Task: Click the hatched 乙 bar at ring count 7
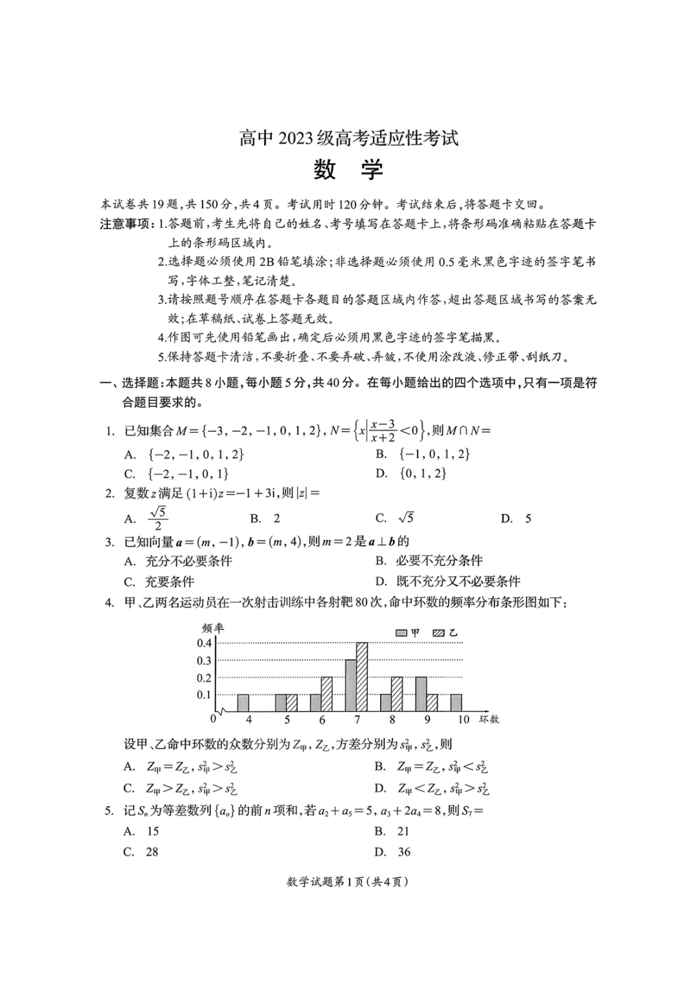pyautogui.click(x=362, y=677)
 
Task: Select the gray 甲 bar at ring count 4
pyautogui.click(x=243, y=702)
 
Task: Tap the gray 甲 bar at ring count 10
pyautogui.click(x=456, y=702)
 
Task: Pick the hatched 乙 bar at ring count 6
pyautogui.click(x=327, y=694)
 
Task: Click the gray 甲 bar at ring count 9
pyautogui.click(x=421, y=694)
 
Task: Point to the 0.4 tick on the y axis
pyautogui.click(x=205, y=643)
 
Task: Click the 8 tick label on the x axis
pyautogui.click(x=392, y=720)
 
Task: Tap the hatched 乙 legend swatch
pyautogui.click(x=439, y=633)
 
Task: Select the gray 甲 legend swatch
pyautogui.click(x=401, y=633)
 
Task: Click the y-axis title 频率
pyautogui.click(x=213, y=628)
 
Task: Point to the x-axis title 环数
pyautogui.click(x=489, y=719)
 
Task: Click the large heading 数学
pyautogui.click(x=348, y=170)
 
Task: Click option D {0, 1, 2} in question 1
pyautogui.click(x=423, y=473)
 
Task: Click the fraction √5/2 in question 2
pyautogui.click(x=158, y=518)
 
